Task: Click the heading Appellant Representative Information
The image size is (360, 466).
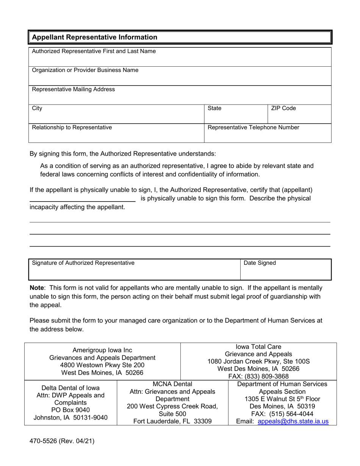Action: point(94,37)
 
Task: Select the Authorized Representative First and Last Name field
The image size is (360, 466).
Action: point(180,57)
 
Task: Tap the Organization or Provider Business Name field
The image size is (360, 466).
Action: point(180,76)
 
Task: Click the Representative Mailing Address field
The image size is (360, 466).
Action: point(180,95)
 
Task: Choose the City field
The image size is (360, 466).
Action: point(116,114)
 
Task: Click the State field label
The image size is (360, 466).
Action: point(214,108)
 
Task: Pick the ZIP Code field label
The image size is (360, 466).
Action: point(283,108)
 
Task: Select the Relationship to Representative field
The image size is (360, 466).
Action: point(116,133)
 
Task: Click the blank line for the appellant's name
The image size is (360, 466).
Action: point(83,198)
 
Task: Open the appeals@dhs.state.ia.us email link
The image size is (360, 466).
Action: point(293,421)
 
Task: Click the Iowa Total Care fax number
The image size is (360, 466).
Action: point(258,376)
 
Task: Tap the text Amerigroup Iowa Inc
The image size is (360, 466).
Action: point(102,350)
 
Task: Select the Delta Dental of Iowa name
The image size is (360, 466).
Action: point(70,388)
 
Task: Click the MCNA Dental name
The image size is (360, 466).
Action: point(172,384)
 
